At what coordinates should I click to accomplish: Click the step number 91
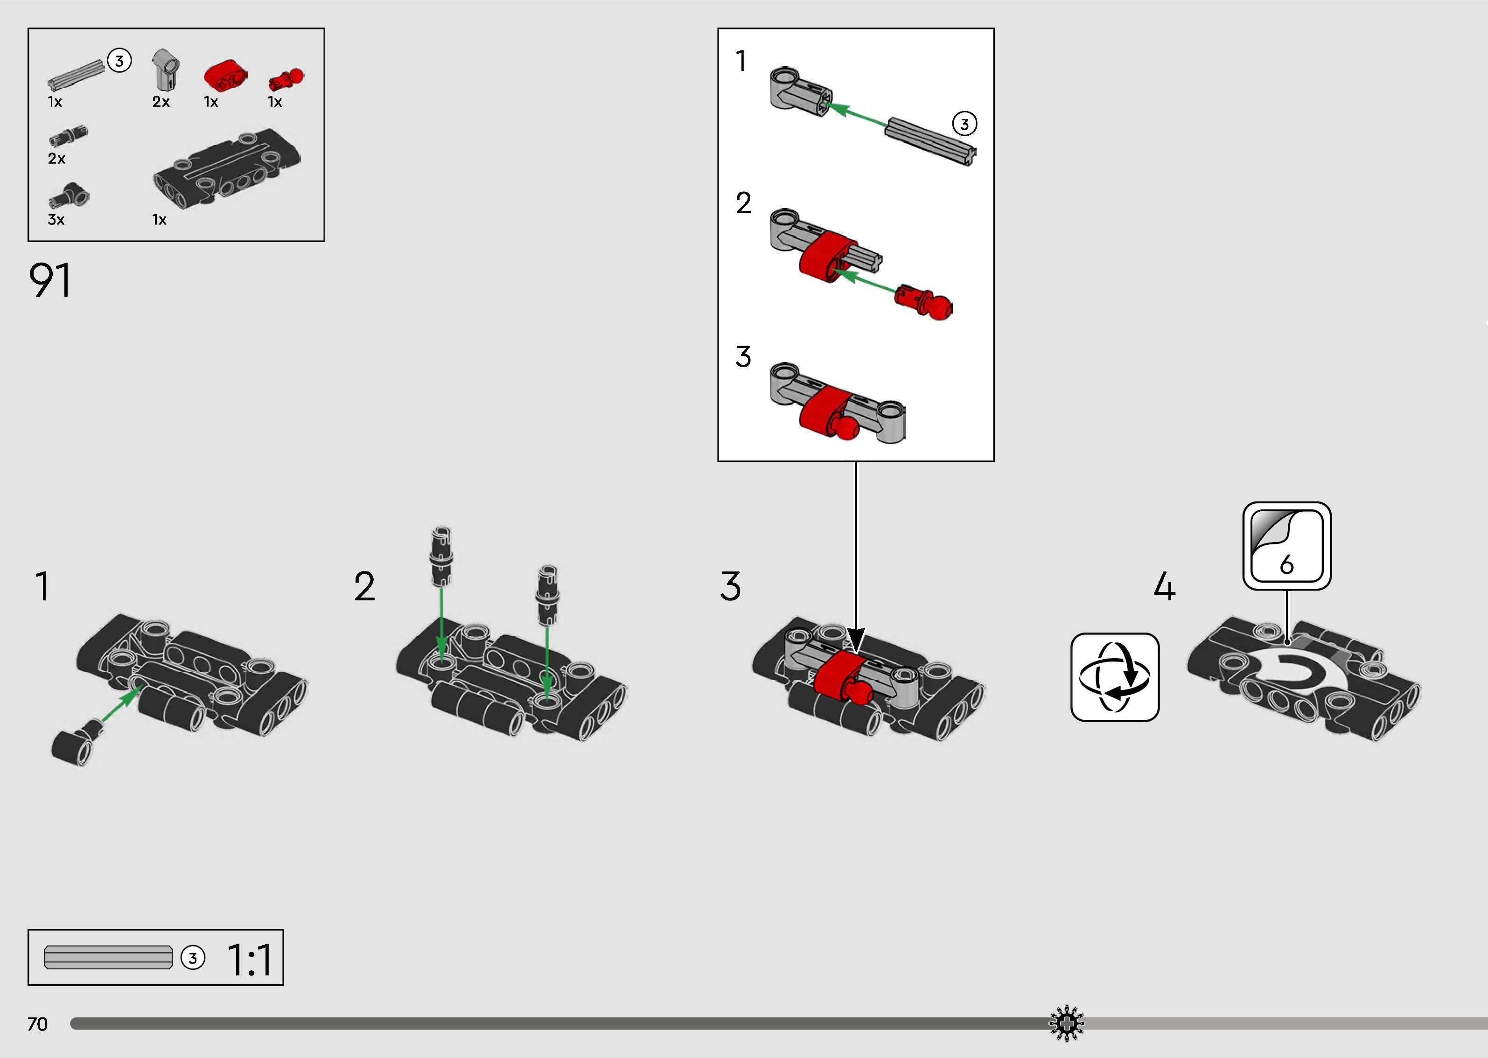click(x=49, y=281)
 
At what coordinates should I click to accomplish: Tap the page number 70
click(x=37, y=1024)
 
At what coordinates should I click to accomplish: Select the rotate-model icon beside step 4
click(x=1115, y=677)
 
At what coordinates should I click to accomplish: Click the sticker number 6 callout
click(x=1287, y=546)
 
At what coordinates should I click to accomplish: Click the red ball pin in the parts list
click(x=286, y=79)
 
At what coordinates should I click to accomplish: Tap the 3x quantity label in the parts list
click(x=56, y=220)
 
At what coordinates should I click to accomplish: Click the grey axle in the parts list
click(x=76, y=75)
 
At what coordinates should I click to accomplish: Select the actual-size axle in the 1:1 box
click(x=108, y=958)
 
